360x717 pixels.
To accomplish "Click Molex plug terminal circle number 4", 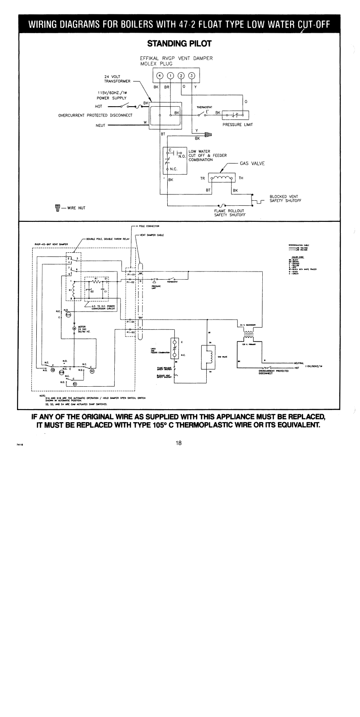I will point(160,75).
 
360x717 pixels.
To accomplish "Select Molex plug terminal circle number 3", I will point(191,75).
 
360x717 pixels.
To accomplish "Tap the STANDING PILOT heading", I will point(179,43).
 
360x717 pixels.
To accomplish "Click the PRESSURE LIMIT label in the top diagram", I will point(237,125).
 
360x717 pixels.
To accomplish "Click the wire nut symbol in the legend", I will point(57,207).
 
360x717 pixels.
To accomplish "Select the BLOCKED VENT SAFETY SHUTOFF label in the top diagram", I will point(285,199).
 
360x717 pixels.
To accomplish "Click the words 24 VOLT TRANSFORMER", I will point(117,79).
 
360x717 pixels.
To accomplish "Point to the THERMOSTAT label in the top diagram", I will point(204,107).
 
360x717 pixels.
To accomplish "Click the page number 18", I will point(179,443).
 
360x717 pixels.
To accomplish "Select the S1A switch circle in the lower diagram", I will point(68,315).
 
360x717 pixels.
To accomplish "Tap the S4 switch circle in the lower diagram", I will point(75,384).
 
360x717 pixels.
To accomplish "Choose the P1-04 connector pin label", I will point(130,322).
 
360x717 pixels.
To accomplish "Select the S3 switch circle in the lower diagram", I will point(92,371).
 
